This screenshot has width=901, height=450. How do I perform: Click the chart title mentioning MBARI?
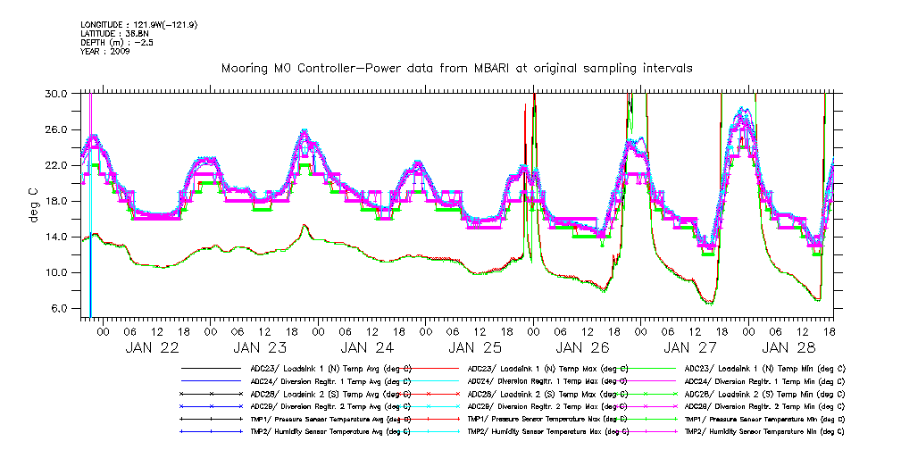[x=456, y=68]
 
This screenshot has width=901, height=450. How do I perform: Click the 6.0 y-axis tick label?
[x=60, y=309]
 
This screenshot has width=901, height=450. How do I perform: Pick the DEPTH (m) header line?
[x=116, y=42]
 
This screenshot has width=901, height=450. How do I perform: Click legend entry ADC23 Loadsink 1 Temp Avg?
[x=330, y=368]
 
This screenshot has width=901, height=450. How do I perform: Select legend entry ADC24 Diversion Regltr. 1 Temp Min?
[x=764, y=380]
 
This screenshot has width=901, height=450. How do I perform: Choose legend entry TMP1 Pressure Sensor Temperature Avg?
[x=330, y=418]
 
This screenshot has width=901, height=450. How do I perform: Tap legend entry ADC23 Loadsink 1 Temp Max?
[x=547, y=368]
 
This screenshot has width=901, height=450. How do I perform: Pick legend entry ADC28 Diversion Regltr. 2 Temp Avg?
[x=330, y=405]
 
